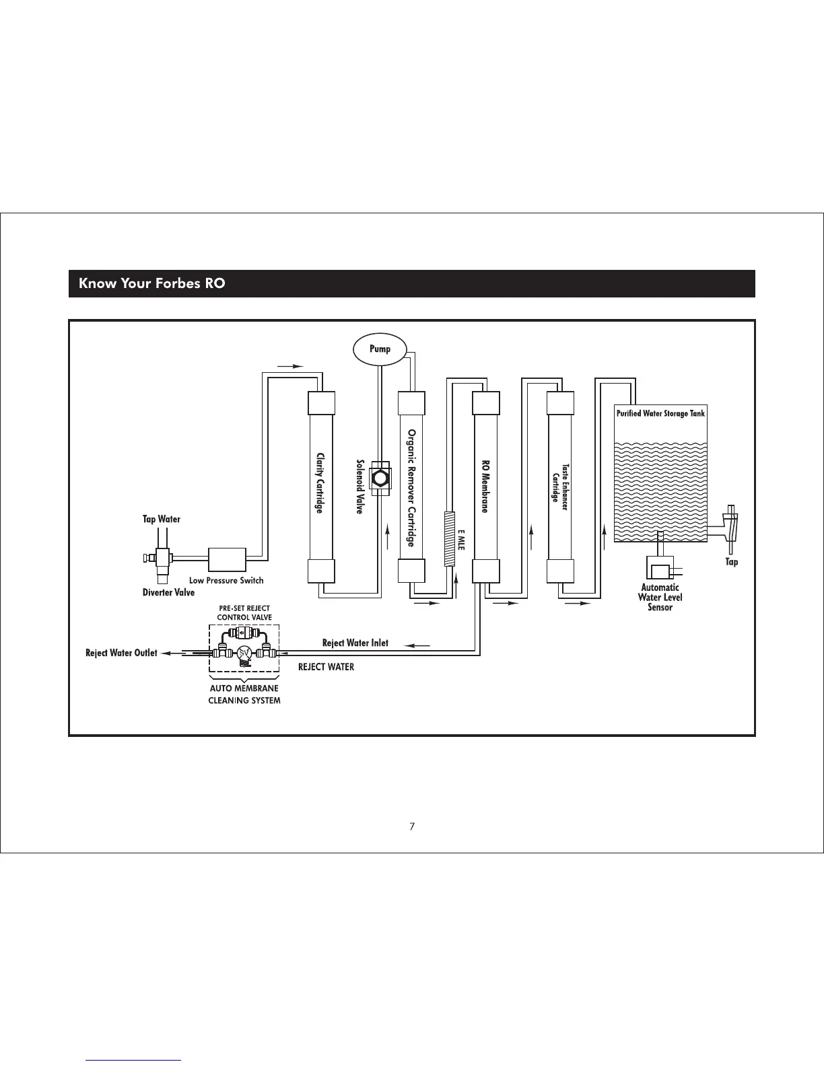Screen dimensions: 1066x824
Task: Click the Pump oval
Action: [380, 349]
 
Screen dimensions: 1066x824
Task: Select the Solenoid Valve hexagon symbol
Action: [381, 478]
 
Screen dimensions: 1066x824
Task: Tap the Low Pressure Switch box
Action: [228, 560]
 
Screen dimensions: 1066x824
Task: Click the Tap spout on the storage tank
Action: [730, 526]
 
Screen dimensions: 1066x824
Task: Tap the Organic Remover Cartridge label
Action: [411, 488]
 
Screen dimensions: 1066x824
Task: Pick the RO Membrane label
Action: [485, 487]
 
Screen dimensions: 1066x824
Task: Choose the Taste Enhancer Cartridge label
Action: [560, 483]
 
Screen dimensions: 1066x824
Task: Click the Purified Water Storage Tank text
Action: [660, 414]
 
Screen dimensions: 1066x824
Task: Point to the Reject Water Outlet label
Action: [121, 653]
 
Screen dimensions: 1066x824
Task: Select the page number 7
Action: [412, 826]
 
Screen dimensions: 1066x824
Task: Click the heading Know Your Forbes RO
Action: [152, 283]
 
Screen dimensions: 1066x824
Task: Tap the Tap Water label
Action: [162, 519]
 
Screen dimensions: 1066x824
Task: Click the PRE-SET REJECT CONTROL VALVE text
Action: [244, 612]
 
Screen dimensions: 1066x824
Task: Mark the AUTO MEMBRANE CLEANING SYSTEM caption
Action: [244, 695]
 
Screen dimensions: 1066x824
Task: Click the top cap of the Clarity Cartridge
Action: [321, 404]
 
